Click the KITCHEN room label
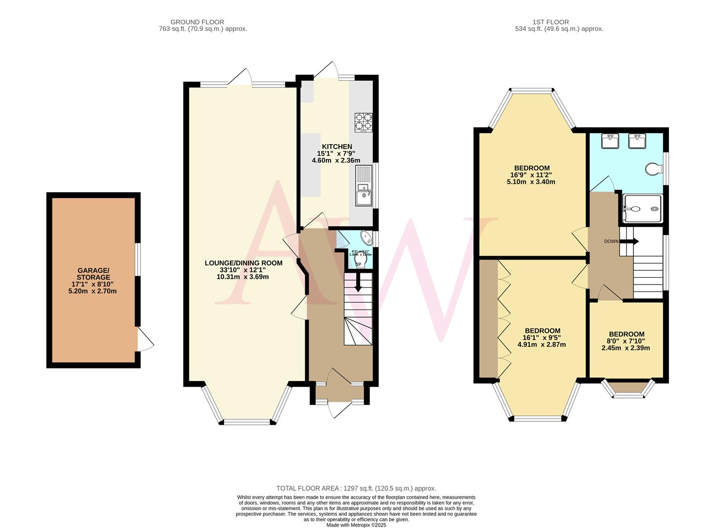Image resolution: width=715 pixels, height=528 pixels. click(x=336, y=147)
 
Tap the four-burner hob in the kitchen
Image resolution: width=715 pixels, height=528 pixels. click(x=363, y=122)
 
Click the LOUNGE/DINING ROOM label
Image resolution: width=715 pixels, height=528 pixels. click(x=243, y=263)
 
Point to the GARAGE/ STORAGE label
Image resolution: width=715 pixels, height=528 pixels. click(x=93, y=274)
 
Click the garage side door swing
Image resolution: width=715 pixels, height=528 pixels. click(x=145, y=338)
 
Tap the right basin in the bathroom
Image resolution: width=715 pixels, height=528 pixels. click(x=637, y=141)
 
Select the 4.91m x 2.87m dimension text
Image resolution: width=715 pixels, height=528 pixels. click(x=541, y=344)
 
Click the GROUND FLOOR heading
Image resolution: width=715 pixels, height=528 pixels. click(x=197, y=22)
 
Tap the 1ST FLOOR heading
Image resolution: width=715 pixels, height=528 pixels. click(x=550, y=22)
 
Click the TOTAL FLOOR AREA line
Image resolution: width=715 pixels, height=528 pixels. click(x=356, y=488)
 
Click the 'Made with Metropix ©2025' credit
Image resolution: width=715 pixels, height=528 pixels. click(x=356, y=525)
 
